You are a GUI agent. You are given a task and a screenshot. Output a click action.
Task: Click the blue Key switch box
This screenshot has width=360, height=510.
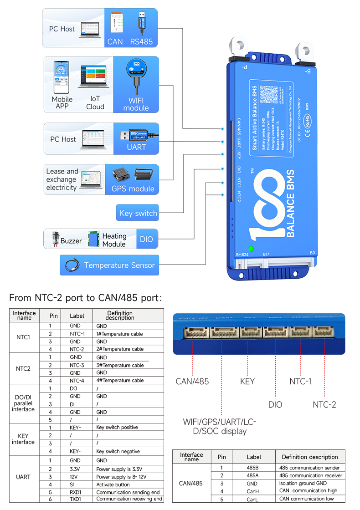tap(138, 213)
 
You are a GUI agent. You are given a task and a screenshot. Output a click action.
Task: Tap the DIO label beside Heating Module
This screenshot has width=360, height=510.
tap(147, 239)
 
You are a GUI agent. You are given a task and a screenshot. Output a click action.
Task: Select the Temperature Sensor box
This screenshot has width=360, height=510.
tap(109, 265)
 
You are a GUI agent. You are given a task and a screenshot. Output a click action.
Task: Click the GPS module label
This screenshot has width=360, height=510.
tap(133, 189)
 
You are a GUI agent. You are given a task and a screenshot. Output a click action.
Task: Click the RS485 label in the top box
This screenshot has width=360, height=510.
tap(141, 42)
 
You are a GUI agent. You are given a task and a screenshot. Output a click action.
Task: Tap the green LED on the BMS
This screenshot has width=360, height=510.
tap(251, 249)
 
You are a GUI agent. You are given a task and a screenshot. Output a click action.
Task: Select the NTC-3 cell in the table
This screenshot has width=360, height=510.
tap(77, 365)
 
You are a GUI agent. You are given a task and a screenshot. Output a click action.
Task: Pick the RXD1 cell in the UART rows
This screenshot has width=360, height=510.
tap(77, 492)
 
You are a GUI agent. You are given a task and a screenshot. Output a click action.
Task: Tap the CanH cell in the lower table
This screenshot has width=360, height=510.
tap(253, 491)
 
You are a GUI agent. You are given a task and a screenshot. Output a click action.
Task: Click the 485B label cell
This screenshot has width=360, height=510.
tap(253, 468)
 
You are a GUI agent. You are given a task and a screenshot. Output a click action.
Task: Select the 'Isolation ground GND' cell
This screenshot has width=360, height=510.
tap(303, 483)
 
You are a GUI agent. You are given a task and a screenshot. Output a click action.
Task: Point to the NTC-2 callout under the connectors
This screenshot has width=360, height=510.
tap(324, 404)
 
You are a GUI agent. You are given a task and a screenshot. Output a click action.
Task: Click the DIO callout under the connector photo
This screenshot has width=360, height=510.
tap(275, 404)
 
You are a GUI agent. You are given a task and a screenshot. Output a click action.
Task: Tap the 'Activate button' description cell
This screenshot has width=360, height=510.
tap(114, 484)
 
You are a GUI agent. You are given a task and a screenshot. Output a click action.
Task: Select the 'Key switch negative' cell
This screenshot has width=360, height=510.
tap(118, 451)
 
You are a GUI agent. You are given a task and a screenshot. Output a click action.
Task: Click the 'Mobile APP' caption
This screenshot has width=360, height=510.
tap(62, 102)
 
